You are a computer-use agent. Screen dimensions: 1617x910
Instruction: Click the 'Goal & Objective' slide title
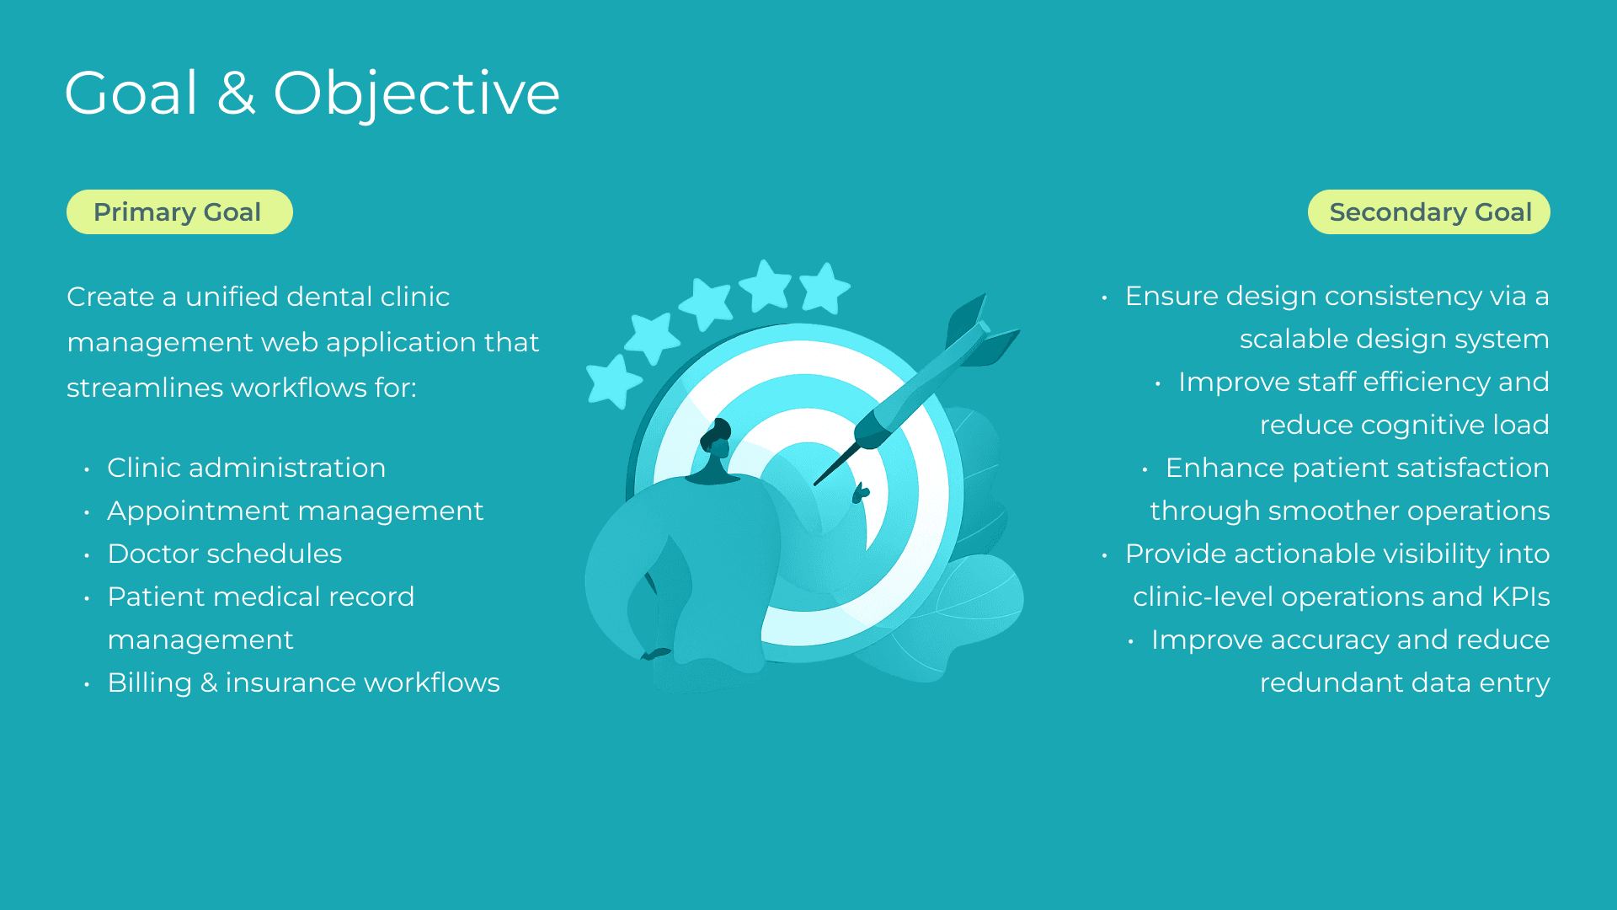[x=312, y=93]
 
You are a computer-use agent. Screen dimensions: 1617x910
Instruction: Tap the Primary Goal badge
[x=179, y=212]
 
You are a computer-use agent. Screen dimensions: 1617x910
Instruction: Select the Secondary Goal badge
[x=1428, y=212]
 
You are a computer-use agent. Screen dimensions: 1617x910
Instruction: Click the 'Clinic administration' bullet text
[x=247, y=468]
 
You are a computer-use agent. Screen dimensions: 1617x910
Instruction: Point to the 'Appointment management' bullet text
[x=296, y=511]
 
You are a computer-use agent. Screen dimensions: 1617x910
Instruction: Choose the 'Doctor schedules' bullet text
[x=225, y=554]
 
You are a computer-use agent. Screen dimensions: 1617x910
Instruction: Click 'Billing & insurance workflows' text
[x=304, y=682]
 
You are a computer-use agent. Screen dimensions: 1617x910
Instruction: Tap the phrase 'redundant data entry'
[x=1405, y=682]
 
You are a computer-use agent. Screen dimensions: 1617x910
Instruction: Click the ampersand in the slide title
[x=236, y=93]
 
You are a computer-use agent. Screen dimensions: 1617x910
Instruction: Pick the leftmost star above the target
[x=613, y=381]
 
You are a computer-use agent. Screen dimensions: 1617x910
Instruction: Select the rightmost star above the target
[x=825, y=287]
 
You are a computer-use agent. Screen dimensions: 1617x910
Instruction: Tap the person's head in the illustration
[x=716, y=438]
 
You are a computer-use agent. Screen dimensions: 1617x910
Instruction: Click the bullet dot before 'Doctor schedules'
[x=87, y=555]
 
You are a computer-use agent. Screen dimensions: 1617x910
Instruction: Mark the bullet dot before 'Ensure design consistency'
[x=1104, y=297]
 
